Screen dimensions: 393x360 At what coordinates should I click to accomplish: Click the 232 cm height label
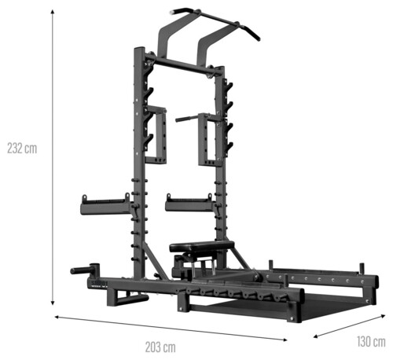[22, 149]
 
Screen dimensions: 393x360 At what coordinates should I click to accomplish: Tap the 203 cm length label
[160, 347]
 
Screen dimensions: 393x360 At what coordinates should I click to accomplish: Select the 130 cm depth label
[371, 342]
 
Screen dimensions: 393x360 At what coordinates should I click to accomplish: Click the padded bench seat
[202, 246]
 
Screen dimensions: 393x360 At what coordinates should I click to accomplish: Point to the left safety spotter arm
[106, 206]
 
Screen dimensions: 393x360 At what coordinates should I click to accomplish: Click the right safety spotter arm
[190, 204]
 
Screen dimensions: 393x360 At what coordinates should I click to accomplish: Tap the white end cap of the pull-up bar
[173, 12]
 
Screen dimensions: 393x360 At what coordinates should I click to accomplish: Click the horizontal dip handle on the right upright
[187, 119]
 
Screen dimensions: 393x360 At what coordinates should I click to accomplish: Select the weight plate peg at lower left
[84, 270]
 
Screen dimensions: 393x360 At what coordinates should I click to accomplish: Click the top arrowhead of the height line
[53, 12]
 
